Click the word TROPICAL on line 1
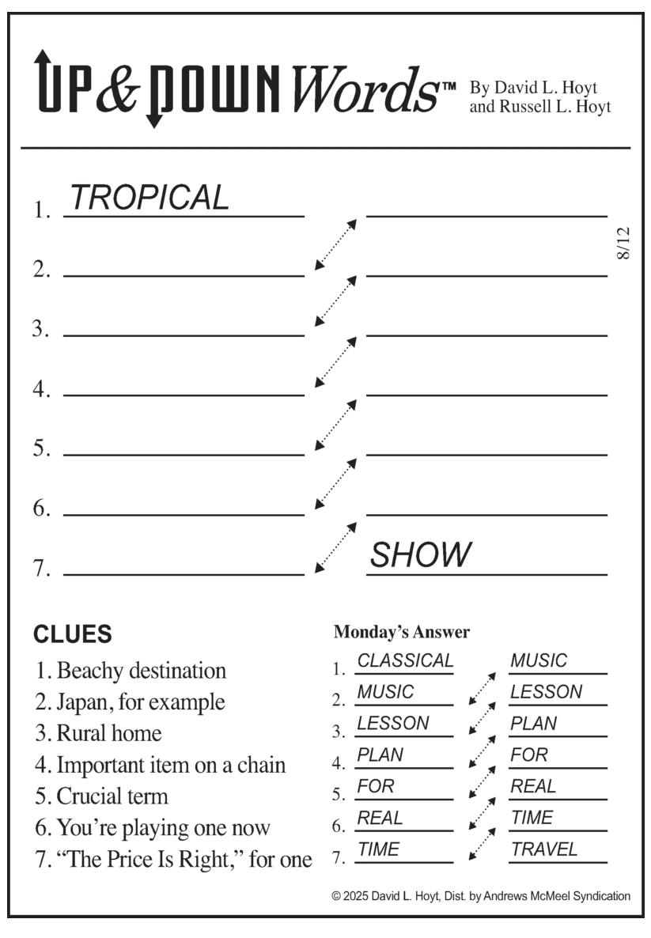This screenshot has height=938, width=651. click(x=150, y=198)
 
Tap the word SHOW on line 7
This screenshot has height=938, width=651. click(x=421, y=554)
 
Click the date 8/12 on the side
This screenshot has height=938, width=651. click(x=623, y=243)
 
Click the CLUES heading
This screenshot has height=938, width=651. click(x=73, y=634)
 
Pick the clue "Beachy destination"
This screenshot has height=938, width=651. click(x=142, y=671)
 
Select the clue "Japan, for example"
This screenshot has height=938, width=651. click(x=141, y=702)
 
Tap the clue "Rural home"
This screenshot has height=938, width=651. click(x=109, y=733)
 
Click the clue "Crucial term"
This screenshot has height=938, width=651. click(x=112, y=796)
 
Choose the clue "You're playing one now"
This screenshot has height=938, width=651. click(x=164, y=828)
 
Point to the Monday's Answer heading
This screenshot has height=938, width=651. click(x=402, y=632)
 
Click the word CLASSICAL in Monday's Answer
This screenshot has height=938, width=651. click(x=405, y=660)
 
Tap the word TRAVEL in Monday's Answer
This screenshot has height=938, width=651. click(x=544, y=849)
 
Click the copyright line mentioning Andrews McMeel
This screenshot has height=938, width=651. click(x=481, y=895)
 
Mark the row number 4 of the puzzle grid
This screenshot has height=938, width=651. click(x=40, y=389)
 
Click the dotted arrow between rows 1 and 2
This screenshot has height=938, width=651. click(x=335, y=244)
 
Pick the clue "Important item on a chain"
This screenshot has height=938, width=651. click(x=171, y=765)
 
